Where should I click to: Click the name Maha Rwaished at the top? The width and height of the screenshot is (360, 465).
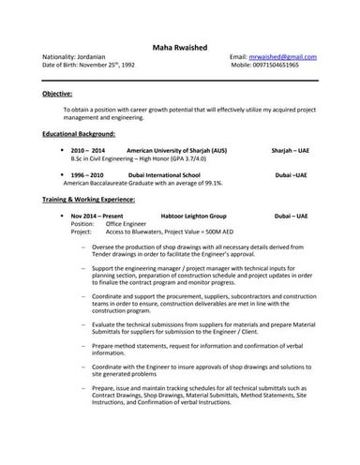click(x=180, y=47)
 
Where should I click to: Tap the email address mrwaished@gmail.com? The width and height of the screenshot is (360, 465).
click(x=283, y=57)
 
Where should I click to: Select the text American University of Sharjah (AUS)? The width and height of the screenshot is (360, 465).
click(x=176, y=151)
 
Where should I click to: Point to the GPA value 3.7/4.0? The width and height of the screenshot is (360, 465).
click(x=207, y=159)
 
